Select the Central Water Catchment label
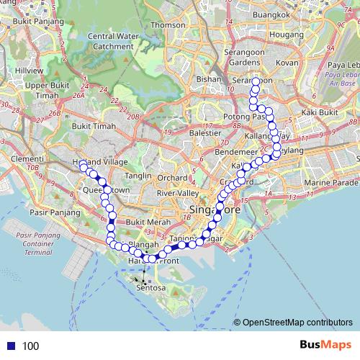[110, 41]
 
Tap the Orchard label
[173, 177]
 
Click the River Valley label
[176, 193]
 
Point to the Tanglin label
[138, 175]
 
